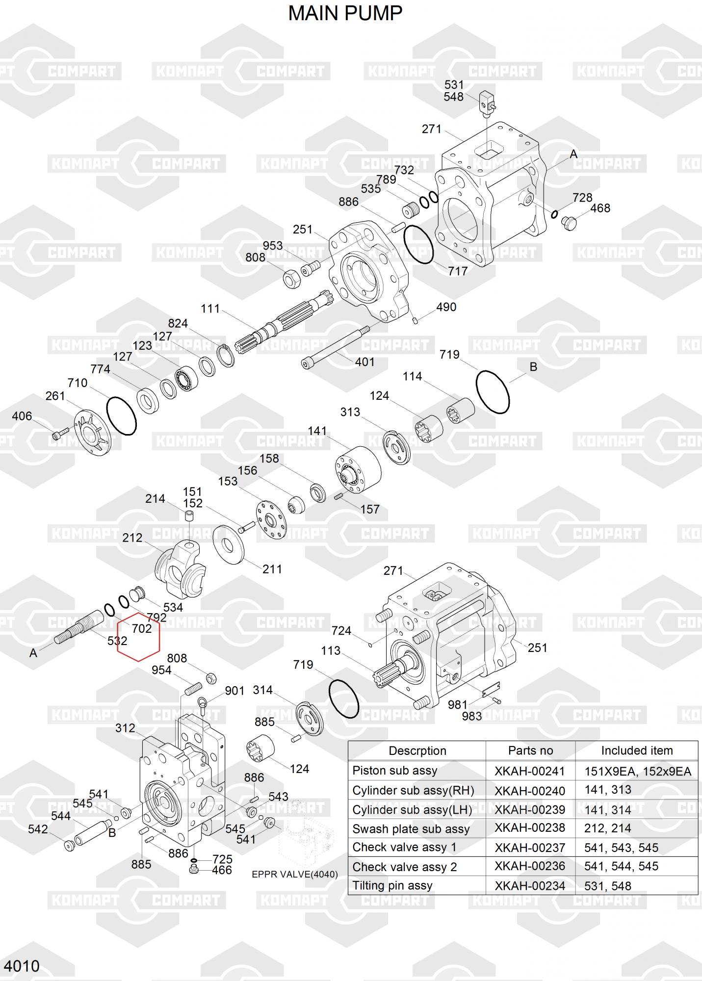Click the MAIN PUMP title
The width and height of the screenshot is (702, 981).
click(x=345, y=13)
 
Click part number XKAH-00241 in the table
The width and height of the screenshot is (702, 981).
click(x=530, y=771)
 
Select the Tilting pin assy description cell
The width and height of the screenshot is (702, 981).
click(x=392, y=885)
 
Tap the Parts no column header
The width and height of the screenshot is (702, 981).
click(x=530, y=750)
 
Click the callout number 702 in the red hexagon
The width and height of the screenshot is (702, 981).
click(x=142, y=628)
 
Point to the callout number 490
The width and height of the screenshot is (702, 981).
click(x=446, y=307)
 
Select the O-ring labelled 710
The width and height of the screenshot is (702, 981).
click(x=121, y=415)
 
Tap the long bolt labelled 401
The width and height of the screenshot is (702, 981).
click(x=335, y=348)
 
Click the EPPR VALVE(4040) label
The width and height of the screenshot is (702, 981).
click(x=295, y=875)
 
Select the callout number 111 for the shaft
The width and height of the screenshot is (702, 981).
click(x=210, y=309)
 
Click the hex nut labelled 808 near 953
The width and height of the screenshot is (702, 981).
click(x=290, y=278)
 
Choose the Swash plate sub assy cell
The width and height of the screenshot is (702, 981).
click(x=411, y=829)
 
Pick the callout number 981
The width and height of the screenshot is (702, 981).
click(x=458, y=705)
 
